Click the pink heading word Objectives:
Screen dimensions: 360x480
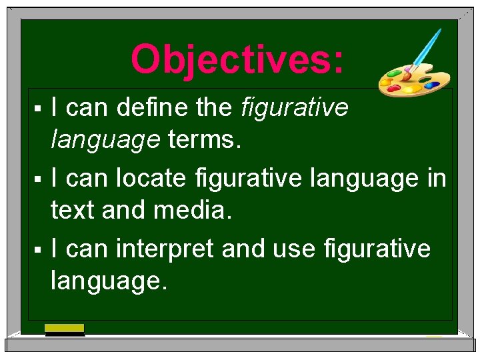238,59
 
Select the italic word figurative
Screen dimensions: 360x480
295,107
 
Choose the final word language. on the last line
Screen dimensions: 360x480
109,281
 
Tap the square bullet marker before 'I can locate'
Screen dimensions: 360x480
39,179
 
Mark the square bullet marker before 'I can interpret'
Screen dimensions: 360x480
39,249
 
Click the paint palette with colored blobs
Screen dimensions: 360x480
404,80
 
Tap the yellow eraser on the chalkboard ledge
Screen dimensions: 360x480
64,328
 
